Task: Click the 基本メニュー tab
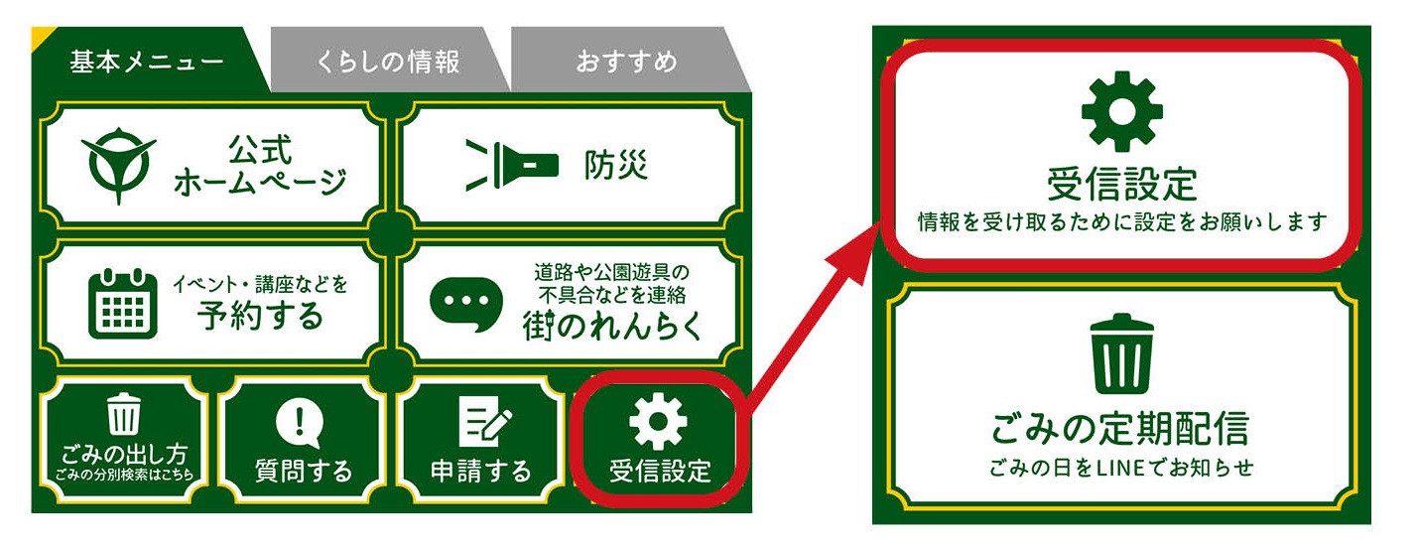coord(146,62)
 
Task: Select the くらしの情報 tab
coord(388,62)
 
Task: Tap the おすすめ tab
coord(626,62)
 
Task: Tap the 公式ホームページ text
coord(260,166)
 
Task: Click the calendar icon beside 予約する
coord(123,303)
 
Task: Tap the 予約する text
coord(260,315)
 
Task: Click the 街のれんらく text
coord(610,326)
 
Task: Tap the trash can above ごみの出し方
coord(124,414)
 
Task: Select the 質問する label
coord(303,470)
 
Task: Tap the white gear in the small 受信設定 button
coord(658,422)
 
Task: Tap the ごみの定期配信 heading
coord(1119,428)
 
